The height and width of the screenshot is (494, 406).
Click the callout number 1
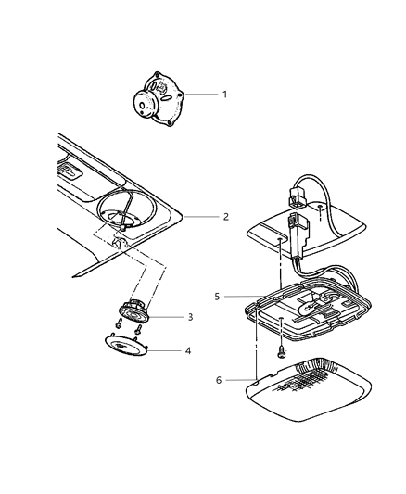(x=222, y=95)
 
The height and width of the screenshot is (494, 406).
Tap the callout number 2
(x=224, y=218)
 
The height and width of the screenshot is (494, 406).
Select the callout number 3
(x=189, y=317)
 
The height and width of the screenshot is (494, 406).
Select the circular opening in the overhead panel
(x=130, y=216)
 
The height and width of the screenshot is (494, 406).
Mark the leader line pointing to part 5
(x=239, y=298)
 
